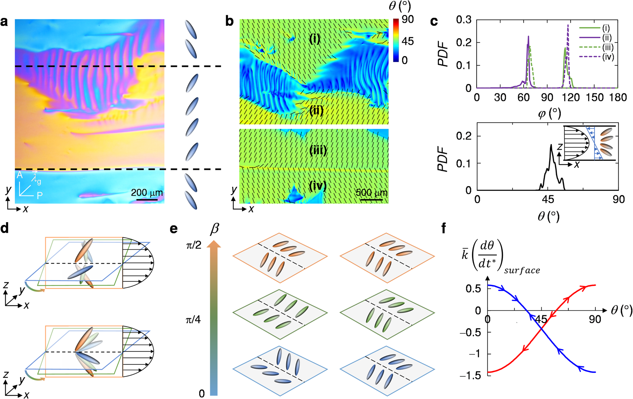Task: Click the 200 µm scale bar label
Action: tap(147, 192)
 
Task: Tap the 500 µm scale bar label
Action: tap(371, 192)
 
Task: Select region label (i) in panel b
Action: tap(314, 39)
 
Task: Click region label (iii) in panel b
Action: tap(318, 150)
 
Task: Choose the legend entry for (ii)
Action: tap(606, 38)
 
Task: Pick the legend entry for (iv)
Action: tap(608, 57)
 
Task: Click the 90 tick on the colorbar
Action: tap(408, 20)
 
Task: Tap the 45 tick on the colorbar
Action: tap(408, 41)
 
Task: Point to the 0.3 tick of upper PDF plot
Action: tap(464, 20)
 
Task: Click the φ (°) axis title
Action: tap(549, 113)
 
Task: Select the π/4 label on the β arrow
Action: tap(193, 320)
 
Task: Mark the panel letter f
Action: tap(444, 228)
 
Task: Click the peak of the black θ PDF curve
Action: tap(551, 145)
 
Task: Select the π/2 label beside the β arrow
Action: tap(194, 245)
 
